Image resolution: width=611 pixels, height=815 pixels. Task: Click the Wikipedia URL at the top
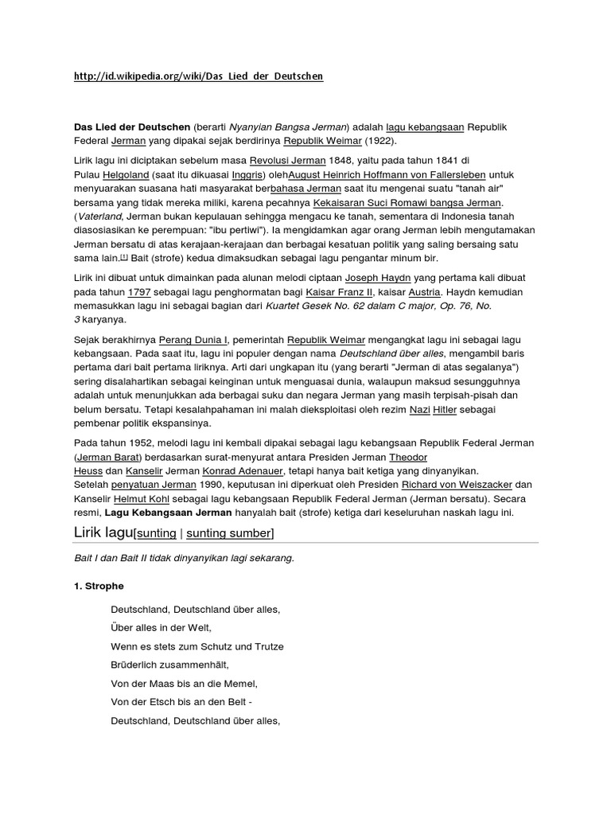[x=199, y=76]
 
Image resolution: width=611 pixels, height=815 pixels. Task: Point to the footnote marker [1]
[x=123, y=258]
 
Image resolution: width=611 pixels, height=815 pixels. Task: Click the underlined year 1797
[x=139, y=292]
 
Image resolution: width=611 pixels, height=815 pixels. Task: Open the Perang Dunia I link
[x=193, y=340]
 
